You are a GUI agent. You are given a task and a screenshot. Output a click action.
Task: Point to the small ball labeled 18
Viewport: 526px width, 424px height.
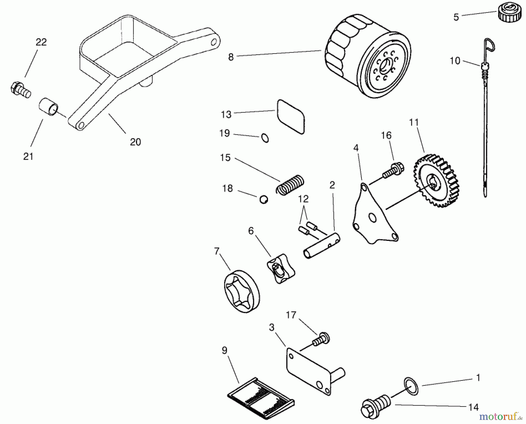tap(264, 200)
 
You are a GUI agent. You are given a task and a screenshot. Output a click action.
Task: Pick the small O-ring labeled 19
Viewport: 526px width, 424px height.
tap(265, 138)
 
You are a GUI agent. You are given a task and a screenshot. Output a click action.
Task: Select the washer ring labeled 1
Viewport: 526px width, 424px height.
tap(411, 386)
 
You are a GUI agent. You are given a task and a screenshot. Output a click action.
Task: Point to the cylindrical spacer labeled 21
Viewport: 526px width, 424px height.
tap(49, 107)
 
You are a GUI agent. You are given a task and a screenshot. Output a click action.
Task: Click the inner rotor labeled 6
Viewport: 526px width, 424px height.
tap(281, 268)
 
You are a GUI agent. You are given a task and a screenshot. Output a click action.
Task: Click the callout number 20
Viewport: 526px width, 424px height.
tap(135, 142)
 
